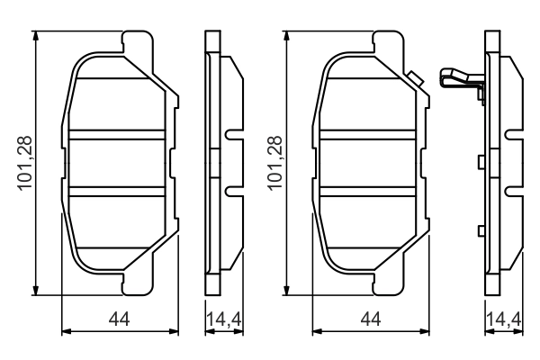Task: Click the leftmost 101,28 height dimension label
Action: point(24,163)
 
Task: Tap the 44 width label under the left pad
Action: point(119,319)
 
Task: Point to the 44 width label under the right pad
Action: point(370,319)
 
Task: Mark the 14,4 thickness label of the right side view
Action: point(501,319)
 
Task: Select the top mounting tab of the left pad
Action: point(135,41)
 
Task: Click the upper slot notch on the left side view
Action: point(233,137)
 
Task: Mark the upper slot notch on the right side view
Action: point(512,137)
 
